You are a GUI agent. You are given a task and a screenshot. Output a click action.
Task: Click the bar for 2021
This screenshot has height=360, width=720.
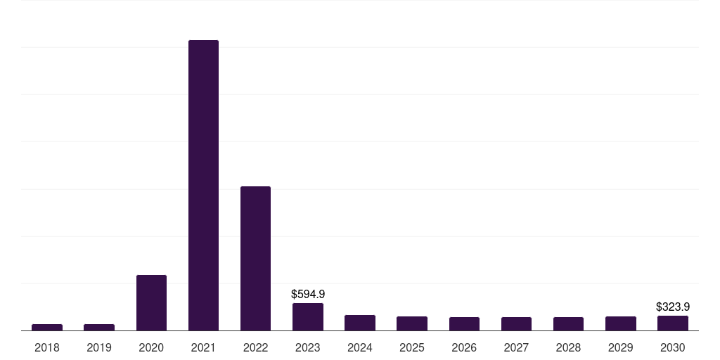pos(203,186)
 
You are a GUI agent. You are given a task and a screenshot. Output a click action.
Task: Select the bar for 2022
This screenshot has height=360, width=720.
pos(255,259)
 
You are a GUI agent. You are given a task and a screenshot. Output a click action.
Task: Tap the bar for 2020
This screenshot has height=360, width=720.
pos(152,302)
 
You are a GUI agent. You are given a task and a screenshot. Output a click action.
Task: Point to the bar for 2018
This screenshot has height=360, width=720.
pos(47,328)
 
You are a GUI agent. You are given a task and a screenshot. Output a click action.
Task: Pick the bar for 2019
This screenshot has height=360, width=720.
pos(99,328)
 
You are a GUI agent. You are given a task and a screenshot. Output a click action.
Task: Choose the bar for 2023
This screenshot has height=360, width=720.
pos(308,317)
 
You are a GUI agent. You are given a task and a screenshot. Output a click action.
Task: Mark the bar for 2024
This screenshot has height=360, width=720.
pos(360,323)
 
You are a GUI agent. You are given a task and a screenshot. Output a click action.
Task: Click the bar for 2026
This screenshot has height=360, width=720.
pos(464,323)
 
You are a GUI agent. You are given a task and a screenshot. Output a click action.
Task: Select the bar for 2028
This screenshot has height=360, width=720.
pos(568,323)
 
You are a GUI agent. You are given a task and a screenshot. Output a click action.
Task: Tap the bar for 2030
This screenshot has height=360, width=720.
pos(673,323)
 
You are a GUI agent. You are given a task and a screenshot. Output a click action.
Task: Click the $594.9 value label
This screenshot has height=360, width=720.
pos(308,295)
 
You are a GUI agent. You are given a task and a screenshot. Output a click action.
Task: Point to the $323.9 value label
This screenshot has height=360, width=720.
pos(673,307)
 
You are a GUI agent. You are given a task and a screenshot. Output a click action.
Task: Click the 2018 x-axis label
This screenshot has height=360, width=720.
pos(47,347)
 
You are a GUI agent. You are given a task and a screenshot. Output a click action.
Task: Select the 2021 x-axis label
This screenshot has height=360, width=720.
pos(203,347)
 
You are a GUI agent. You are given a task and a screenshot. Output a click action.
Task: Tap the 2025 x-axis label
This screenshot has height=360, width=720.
pos(412,347)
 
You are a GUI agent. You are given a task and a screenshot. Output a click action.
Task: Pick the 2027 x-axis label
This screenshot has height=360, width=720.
pos(516,347)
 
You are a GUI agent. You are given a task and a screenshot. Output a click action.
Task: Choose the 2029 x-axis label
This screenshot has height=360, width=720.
pos(620,347)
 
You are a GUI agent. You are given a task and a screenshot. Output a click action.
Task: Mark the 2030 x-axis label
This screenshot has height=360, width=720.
pos(673,347)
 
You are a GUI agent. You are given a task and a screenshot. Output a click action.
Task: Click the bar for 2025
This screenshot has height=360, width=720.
pos(412,323)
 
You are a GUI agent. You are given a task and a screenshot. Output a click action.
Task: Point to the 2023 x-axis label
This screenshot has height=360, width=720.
pos(308,347)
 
